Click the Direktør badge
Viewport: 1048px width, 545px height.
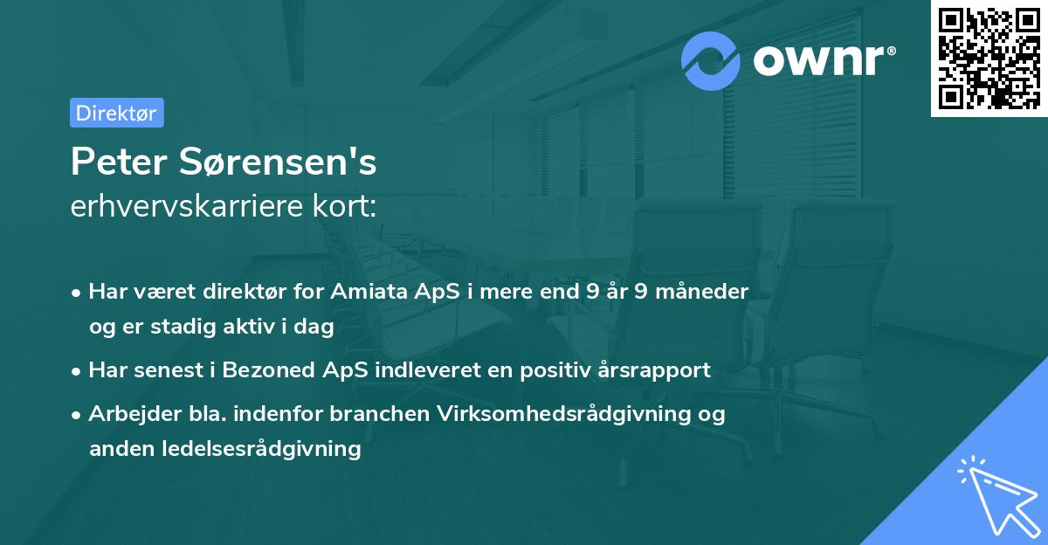tap(116, 113)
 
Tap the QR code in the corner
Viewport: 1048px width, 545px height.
tap(989, 58)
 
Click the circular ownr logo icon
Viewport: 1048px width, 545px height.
tap(711, 60)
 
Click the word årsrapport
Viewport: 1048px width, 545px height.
tap(658, 370)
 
